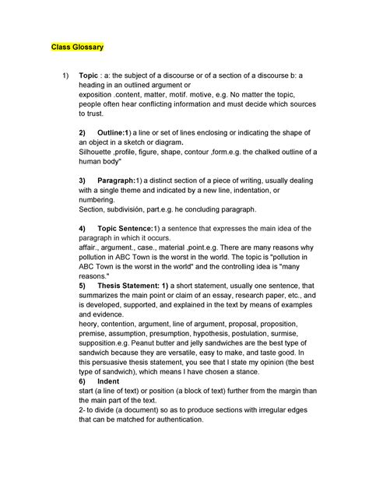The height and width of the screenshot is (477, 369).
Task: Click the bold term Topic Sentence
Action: point(124,228)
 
